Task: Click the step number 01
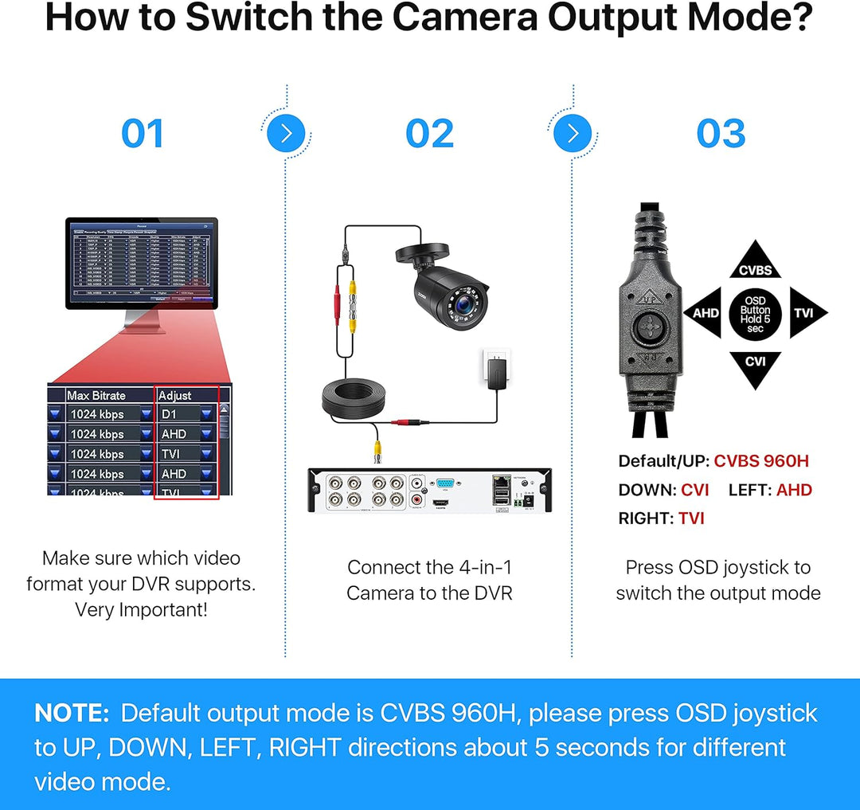(x=143, y=134)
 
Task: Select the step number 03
(x=721, y=134)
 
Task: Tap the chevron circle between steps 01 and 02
(x=286, y=133)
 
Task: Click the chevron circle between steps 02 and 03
(x=573, y=133)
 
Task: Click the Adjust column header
(x=175, y=395)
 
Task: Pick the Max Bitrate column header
(x=96, y=395)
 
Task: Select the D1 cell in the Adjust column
(x=170, y=414)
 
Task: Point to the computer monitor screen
(x=140, y=262)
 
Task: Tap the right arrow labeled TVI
(x=806, y=313)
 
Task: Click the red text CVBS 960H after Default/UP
(x=761, y=461)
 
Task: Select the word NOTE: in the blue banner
(x=72, y=713)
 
